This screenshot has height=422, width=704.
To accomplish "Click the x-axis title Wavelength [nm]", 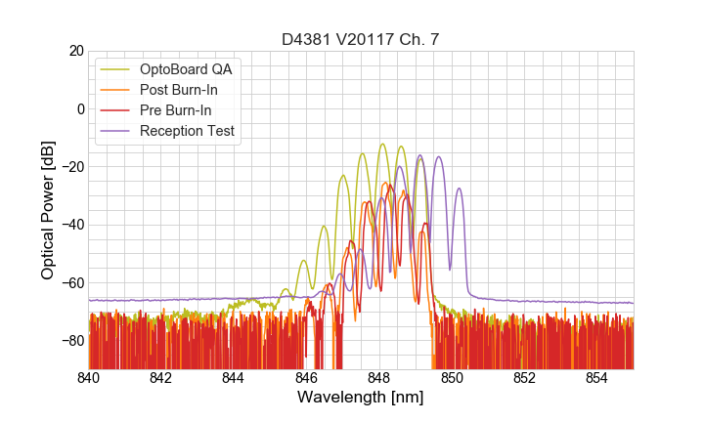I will (361, 399).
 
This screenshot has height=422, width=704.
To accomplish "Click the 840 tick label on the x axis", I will (89, 378).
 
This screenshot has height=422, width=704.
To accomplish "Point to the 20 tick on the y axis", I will (74, 51).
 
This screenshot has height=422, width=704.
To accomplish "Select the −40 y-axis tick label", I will (70, 225).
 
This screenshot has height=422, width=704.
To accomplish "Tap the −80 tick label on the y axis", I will (70, 341).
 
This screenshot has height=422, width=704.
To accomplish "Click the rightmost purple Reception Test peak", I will (459, 189).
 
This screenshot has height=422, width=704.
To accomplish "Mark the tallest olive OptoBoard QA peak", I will (382, 145).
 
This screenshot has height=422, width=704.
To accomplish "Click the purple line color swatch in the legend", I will (116, 131).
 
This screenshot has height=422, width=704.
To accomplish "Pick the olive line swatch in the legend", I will (116, 69).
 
